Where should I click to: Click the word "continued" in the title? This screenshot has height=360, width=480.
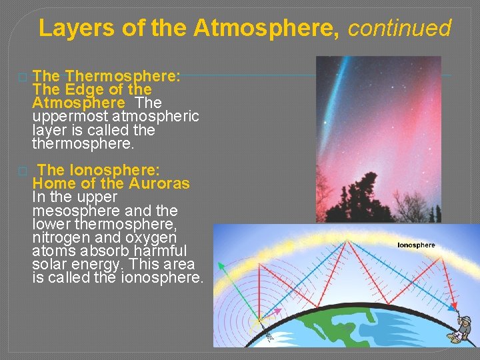tap(400, 28)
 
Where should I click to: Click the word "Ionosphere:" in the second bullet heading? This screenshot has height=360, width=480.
tap(122, 170)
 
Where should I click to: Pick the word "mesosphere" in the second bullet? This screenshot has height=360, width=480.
tap(75, 211)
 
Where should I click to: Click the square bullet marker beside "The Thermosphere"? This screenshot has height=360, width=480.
tap(23, 77)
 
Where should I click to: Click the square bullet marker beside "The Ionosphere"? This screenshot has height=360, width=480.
tap(23, 171)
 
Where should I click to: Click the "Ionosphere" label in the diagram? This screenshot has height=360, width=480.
tap(416, 245)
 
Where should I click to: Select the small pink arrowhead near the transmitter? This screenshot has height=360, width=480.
tap(275, 311)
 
